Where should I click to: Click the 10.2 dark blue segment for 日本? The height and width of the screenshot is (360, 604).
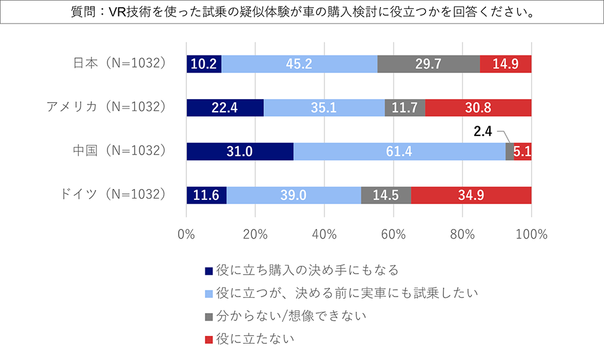[204, 64]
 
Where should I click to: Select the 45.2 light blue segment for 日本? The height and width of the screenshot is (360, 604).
[300, 64]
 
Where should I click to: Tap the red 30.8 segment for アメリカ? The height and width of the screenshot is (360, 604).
[478, 108]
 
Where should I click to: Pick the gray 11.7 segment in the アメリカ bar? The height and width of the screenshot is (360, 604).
[405, 108]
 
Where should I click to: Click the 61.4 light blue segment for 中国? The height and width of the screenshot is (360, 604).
[399, 152]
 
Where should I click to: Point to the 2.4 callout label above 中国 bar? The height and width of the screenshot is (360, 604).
[484, 129]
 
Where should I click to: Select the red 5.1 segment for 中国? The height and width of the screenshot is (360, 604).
[522, 152]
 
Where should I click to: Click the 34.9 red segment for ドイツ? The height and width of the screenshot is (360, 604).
[471, 196]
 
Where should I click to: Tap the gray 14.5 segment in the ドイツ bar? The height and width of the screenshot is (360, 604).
[386, 196]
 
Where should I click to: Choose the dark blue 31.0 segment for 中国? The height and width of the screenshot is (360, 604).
[240, 152]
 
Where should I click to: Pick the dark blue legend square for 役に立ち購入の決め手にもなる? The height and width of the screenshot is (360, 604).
[209, 271]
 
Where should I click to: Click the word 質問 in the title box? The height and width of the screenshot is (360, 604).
[82, 13]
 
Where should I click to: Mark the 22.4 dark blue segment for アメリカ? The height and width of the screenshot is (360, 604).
[225, 108]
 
